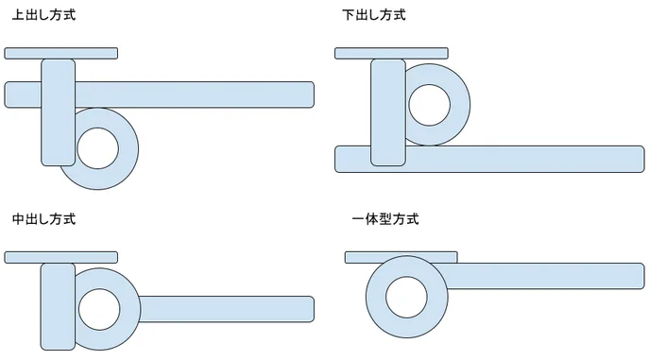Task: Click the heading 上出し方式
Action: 43,15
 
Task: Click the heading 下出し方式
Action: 374,15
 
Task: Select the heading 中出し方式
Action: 43,219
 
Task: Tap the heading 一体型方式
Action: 385,219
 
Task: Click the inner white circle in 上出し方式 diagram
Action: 97,148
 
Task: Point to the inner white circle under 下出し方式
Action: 429,105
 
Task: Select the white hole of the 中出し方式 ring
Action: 99,310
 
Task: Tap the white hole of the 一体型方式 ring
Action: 406,297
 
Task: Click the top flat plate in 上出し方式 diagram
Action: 60,53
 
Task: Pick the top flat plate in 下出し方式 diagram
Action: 391,53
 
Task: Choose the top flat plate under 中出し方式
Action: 60,257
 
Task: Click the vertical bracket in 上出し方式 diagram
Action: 59,112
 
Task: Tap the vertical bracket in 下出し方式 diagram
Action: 388,112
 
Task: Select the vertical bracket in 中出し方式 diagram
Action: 58,307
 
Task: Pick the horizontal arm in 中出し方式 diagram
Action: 227,309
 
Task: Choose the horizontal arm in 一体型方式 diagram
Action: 545,276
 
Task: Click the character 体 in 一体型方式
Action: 372,219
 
